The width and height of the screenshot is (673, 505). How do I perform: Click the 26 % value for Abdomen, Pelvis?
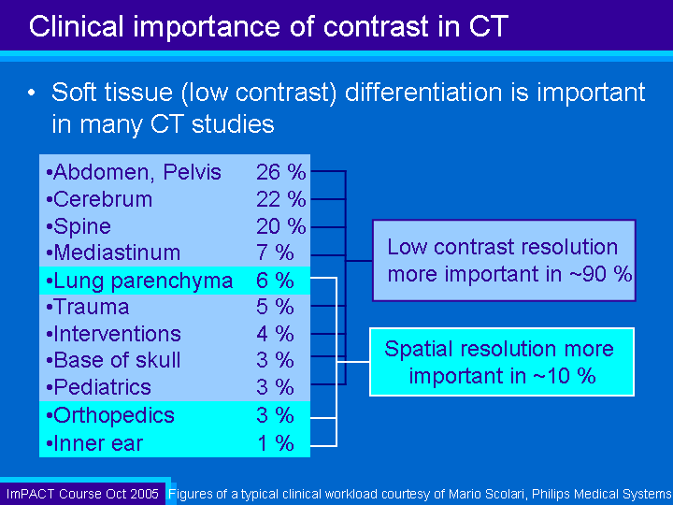281,172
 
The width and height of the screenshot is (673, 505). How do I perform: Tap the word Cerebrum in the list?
103,200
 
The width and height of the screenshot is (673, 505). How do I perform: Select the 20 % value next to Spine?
281,226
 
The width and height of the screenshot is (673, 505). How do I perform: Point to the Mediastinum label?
117,252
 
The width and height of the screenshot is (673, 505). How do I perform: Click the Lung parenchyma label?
143,281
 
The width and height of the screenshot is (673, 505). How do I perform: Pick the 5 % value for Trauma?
275,307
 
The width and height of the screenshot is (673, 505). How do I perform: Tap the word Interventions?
118,334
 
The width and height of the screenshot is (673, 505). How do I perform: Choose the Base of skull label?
117,360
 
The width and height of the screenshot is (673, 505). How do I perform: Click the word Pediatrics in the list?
103,387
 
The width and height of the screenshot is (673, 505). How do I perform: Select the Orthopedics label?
114,415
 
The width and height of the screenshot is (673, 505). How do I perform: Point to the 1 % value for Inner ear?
276,443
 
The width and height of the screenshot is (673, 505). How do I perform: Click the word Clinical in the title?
77,26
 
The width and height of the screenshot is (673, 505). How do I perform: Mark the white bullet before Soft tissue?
32,93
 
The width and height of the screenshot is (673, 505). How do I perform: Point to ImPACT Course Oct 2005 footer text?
82,494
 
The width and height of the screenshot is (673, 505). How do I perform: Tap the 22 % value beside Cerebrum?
281,200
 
